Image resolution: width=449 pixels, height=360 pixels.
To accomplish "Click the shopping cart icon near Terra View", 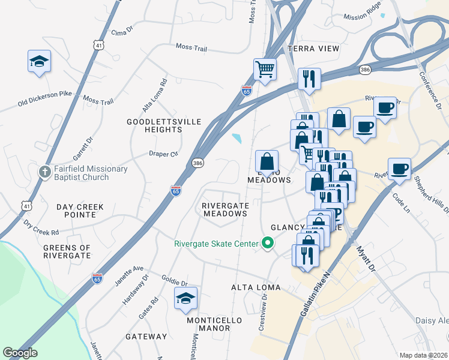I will pyautogui.click(x=264, y=70).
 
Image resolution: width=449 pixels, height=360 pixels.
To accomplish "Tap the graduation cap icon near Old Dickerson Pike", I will pyautogui.click(x=39, y=61).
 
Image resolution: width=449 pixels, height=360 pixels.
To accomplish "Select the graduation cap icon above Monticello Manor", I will pyautogui.click(x=185, y=298).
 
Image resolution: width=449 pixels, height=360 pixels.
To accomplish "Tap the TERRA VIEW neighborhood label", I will pyautogui.click(x=313, y=48).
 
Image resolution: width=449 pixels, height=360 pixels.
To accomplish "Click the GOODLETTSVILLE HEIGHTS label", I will pyautogui.click(x=155, y=125).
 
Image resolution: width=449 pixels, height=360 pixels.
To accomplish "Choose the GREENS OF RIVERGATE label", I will pyautogui.click(x=67, y=251).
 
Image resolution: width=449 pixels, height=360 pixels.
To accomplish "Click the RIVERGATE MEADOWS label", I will pyautogui.click(x=224, y=209).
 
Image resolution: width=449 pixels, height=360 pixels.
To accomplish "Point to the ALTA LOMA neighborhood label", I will pyautogui.click(x=256, y=288).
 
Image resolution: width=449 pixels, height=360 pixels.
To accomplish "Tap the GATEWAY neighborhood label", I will pyautogui.click(x=146, y=337).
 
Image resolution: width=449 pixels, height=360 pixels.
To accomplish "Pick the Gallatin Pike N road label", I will pyautogui.click(x=315, y=297).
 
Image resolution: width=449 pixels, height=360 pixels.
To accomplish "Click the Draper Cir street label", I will pyautogui.click(x=164, y=154).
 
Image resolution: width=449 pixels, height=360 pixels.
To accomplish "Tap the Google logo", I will pyautogui.click(x=20, y=353).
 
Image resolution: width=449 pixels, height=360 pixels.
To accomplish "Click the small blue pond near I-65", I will pyautogui.click(x=237, y=139).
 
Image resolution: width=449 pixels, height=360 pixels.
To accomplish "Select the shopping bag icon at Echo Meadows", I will pyautogui.click(x=267, y=161).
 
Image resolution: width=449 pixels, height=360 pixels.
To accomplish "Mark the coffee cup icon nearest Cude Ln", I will pyautogui.click(x=399, y=169).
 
